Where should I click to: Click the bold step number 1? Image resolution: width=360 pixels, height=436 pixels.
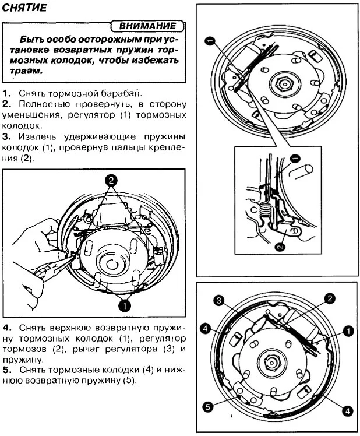[x=5, y=93]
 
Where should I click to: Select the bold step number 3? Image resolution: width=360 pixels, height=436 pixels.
[x=5, y=136]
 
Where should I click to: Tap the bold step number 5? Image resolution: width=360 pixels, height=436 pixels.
[x=5, y=370]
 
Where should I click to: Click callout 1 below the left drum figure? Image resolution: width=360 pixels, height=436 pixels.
[x=123, y=304]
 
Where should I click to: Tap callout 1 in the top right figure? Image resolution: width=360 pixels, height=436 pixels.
[x=210, y=41]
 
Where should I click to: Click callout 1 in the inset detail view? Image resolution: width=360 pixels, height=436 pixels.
[x=294, y=157]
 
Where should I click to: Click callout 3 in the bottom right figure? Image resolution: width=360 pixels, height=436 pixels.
[x=220, y=301]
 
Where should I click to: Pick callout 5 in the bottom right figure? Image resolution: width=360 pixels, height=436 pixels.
[x=208, y=407]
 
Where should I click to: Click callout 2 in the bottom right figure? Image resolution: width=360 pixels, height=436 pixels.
[x=330, y=298]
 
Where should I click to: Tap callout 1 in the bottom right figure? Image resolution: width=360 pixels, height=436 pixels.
[x=348, y=331]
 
